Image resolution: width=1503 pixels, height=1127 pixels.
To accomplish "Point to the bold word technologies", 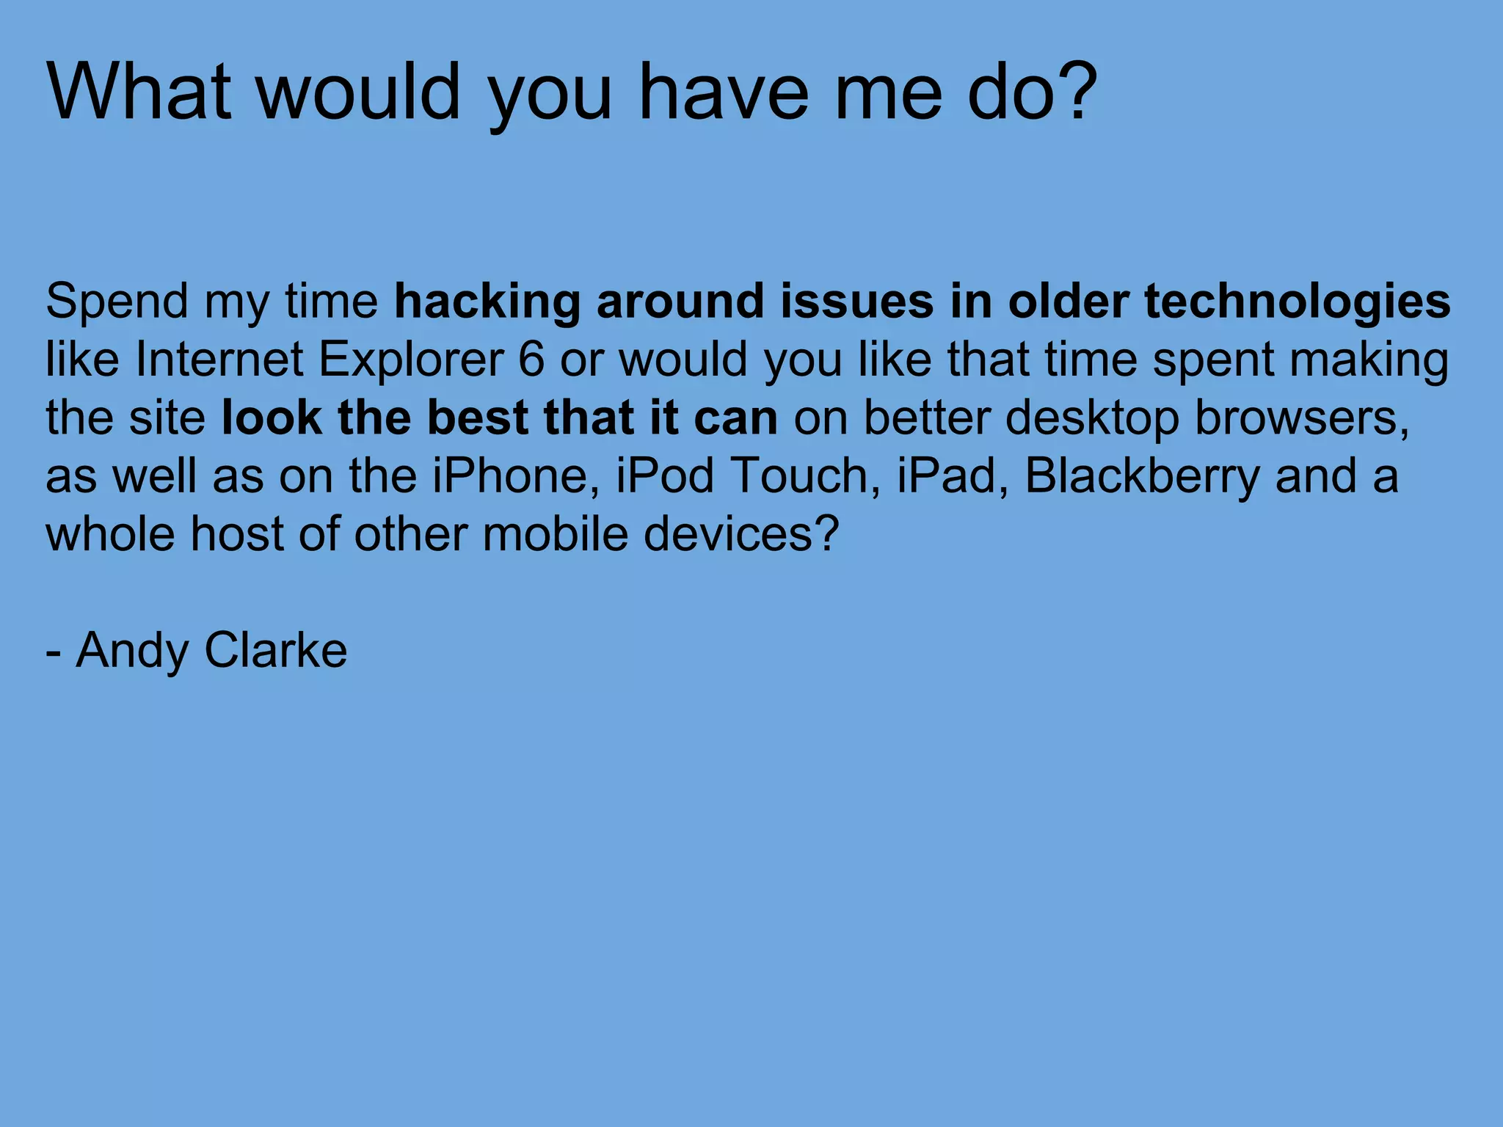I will [x=1298, y=302].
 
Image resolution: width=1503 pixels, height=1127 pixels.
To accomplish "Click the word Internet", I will [x=219, y=360].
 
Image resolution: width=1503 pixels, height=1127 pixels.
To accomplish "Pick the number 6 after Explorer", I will [x=531, y=360].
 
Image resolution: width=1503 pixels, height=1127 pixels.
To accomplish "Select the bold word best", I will [x=477, y=418].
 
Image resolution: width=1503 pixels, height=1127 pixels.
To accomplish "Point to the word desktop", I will [x=1092, y=418].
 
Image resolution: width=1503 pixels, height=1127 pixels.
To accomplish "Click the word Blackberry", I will [x=1141, y=475].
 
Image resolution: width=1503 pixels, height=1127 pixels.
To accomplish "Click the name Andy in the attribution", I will [x=132, y=652].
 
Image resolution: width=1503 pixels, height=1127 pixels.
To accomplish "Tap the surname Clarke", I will [x=276, y=650].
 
